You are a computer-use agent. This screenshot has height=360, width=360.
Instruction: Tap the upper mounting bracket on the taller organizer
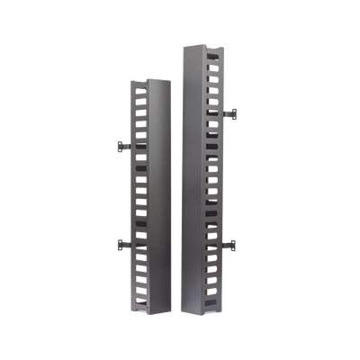click(229, 113)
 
